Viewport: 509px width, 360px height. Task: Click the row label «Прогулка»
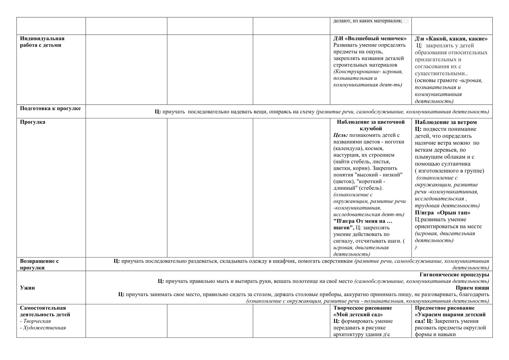33,122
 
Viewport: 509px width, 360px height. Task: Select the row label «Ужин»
28,288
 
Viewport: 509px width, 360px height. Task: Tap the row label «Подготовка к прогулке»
50,108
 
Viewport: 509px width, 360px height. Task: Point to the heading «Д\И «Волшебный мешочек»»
370,39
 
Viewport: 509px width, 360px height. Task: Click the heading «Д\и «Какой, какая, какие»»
451,39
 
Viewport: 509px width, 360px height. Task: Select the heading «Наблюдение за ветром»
445,122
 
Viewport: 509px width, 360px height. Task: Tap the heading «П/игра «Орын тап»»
442,213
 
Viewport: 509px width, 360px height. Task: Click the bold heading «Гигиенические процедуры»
454,275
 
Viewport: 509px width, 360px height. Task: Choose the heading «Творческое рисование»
363,308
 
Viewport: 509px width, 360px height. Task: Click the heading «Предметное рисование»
445,308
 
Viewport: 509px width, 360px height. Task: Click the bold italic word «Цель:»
341,135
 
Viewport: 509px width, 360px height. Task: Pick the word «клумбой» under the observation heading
371,129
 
